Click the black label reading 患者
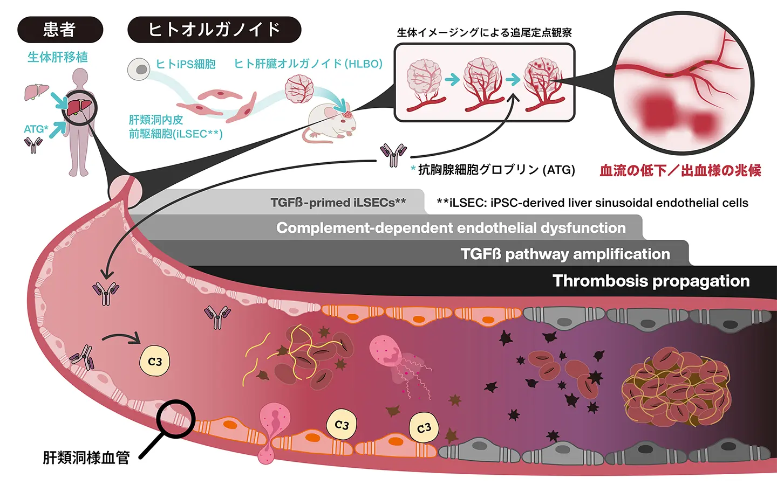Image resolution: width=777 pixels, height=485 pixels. pos(60,30)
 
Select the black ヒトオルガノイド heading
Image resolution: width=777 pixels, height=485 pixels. pos(214,30)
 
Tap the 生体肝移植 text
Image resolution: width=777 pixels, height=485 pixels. pos(58,57)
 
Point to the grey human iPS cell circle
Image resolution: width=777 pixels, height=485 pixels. pos(139,69)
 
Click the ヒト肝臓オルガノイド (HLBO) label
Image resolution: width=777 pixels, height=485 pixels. pos(308,64)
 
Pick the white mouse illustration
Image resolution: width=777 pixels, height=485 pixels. pos(330,123)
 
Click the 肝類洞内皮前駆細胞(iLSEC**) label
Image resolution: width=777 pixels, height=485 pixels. pos(175,127)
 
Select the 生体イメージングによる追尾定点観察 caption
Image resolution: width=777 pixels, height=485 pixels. pos(484,32)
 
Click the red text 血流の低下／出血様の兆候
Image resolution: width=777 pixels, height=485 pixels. pos(680,171)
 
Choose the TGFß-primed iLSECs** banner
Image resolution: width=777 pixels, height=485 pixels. pos(338,203)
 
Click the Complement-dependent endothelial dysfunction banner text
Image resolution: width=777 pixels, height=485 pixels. pos(451,228)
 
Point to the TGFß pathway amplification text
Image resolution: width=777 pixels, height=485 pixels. pos(565,254)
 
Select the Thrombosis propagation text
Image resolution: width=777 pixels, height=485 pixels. pos(651,281)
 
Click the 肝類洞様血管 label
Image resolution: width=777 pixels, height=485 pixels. pos(86,458)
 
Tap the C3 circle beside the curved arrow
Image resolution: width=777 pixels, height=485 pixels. pos(155,362)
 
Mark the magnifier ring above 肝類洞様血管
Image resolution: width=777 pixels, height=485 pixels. pos(175,419)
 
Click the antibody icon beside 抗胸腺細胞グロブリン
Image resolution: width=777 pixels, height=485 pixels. pos(393,155)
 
